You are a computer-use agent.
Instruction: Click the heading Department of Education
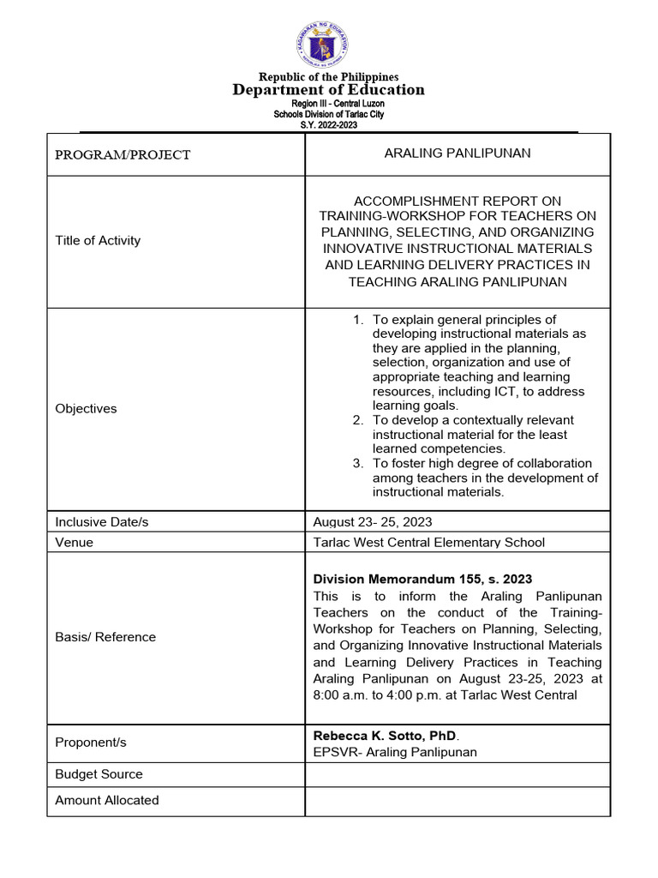[328, 90]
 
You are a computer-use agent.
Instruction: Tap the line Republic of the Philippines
[329, 77]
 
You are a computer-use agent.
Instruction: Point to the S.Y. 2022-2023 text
[328, 124]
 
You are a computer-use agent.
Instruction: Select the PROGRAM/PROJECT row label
[123, 155]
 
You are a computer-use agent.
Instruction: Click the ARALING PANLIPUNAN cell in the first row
[458, 153]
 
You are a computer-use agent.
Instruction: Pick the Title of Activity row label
[98, 240]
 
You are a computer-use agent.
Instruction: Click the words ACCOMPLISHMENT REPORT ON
[458, 201]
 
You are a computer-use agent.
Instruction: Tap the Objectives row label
[86, 408]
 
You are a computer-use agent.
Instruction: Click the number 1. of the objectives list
[359, 320]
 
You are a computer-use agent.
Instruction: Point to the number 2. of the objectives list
[359, 420]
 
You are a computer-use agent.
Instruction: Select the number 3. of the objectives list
[359, 463]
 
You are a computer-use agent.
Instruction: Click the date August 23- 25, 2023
[373, 521]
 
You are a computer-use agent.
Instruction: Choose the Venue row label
[75, 542]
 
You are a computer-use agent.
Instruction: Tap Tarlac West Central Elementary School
[428, 542]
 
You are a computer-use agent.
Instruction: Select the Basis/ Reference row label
[105, 637]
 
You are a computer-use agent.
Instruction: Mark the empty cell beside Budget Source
[458, 774]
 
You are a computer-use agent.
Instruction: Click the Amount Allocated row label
[107, 800]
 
